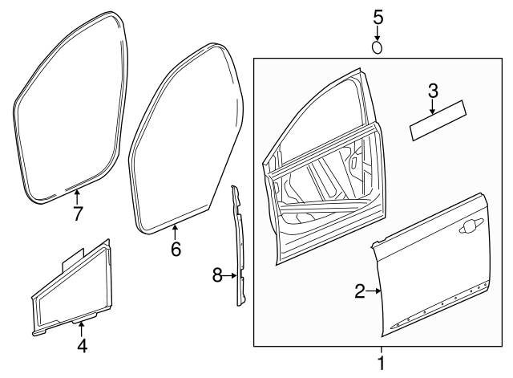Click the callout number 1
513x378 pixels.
pos(381,363)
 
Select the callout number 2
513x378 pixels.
pos(360,291)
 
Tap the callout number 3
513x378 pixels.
pos(433,91)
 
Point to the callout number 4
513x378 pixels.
pos(81,346)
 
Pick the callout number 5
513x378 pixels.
pos(378,17)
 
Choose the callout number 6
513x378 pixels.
pos(176,250)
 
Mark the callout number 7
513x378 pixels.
pos(77,213)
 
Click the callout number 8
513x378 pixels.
pos(217,275)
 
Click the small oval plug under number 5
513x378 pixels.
pos(378,47)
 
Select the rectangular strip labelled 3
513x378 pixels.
pos(440,120)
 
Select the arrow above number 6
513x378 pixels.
pos(176,232)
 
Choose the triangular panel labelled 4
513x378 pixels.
pos(72,289)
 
